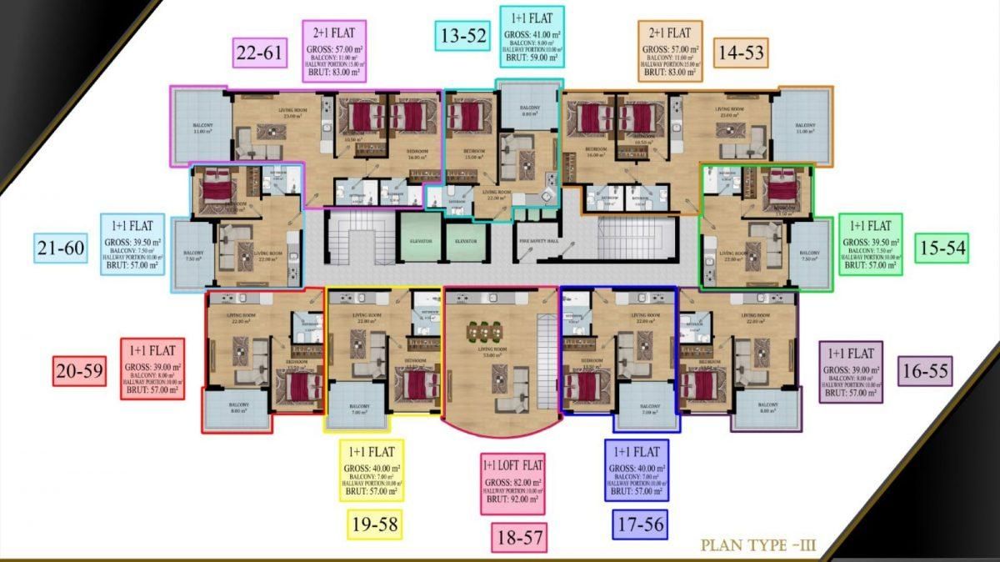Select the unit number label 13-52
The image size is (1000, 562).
point(462,36)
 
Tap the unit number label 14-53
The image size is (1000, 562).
point(741,52)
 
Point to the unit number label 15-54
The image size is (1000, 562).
point(942,248)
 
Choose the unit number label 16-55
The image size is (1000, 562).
point(925,370)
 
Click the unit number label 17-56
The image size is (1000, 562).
point(639,524)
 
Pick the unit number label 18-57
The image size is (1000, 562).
point(518,538)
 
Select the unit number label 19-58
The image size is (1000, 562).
point(373,524)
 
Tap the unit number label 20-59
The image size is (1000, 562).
point(80,370)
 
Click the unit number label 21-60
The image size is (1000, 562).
point(61,247)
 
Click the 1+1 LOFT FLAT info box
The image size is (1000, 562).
point(512,484)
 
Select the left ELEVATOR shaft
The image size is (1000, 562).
point(421,240)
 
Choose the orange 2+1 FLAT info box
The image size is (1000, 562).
point(670,52)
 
